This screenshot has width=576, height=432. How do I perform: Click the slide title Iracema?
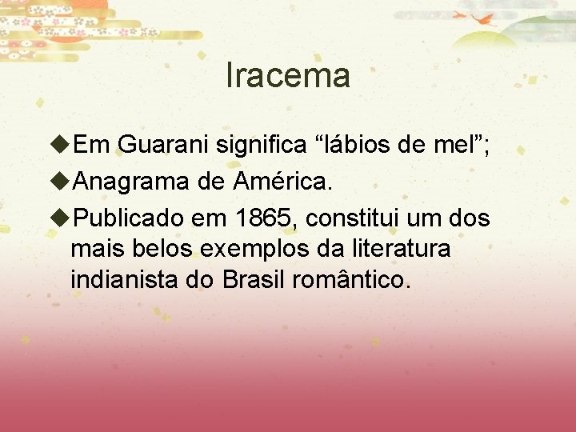(x=288, y=76)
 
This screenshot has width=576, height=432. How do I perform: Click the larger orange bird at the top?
(x=485, y=19)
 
